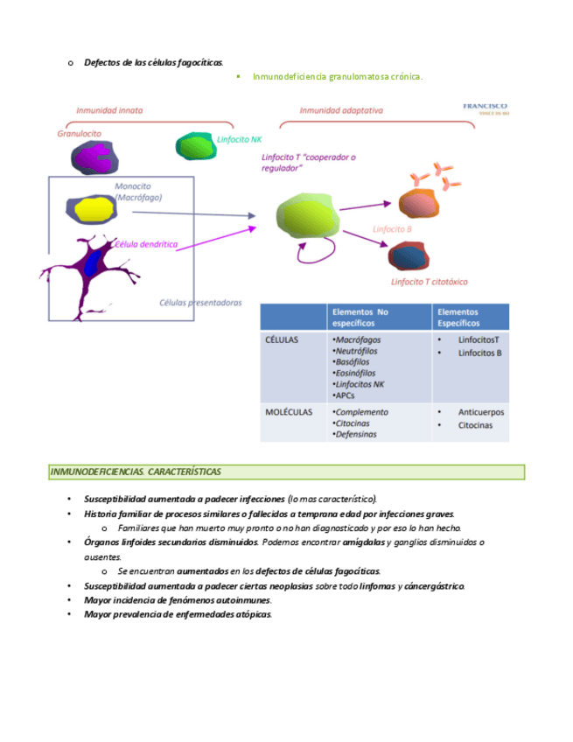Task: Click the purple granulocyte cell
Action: pyautogui.click(x=93, y=157)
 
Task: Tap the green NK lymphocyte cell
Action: pyautogui.click(x=193, y=145)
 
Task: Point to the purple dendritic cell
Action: pyautogui.click(x=91, y=264)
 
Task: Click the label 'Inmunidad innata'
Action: pyautogui.click(x=109, y=111)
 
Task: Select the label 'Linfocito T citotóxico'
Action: pyautogui.click(x=429, y=282)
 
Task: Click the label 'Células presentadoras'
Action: pyautogui.click(x=200, y=303)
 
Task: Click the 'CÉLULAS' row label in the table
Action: pyautogui.click(x=282, y=339)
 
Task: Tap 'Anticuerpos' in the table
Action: pyautogui.click(x=481, y=412)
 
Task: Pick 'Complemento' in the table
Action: pyautogui.click(x=361, y=412)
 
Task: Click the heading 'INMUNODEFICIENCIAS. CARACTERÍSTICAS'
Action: pyautogui.click(x=136, y=472)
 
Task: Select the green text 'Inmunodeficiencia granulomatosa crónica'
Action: pyautogui.click(x=337, y=77)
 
